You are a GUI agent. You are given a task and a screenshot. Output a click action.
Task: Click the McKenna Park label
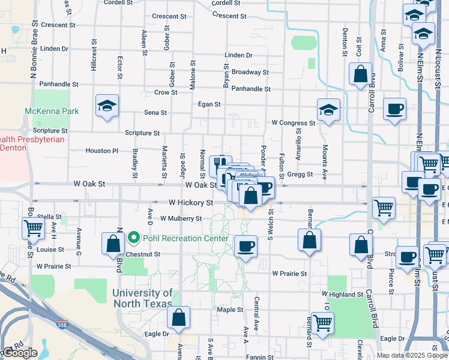point(52,111)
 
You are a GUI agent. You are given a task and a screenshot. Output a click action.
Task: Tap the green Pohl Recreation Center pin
point(134,238)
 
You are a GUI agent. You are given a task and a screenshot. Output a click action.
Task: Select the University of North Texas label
point(143,298)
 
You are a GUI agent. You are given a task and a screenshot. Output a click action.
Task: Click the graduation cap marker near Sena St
point(107,106)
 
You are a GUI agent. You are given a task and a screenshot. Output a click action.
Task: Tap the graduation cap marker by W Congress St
point(328,110)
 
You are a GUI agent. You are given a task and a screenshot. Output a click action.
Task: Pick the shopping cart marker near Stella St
point(33,228)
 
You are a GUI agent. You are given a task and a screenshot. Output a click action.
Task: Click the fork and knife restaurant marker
point(221,163)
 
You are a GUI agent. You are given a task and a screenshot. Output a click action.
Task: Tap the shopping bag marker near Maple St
point(179,318)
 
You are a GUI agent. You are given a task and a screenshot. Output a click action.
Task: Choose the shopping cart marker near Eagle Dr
point(322,323)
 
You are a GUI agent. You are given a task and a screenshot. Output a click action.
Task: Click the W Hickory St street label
point(191,203)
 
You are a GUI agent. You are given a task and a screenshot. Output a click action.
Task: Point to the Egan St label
point(209,104)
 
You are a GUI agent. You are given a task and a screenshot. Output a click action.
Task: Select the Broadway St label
point(250,72)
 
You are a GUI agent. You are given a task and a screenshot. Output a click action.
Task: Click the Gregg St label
point(300,175)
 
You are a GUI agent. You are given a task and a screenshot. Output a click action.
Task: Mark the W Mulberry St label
point(181,219)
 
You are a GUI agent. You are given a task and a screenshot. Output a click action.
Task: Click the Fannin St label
point(260,357)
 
